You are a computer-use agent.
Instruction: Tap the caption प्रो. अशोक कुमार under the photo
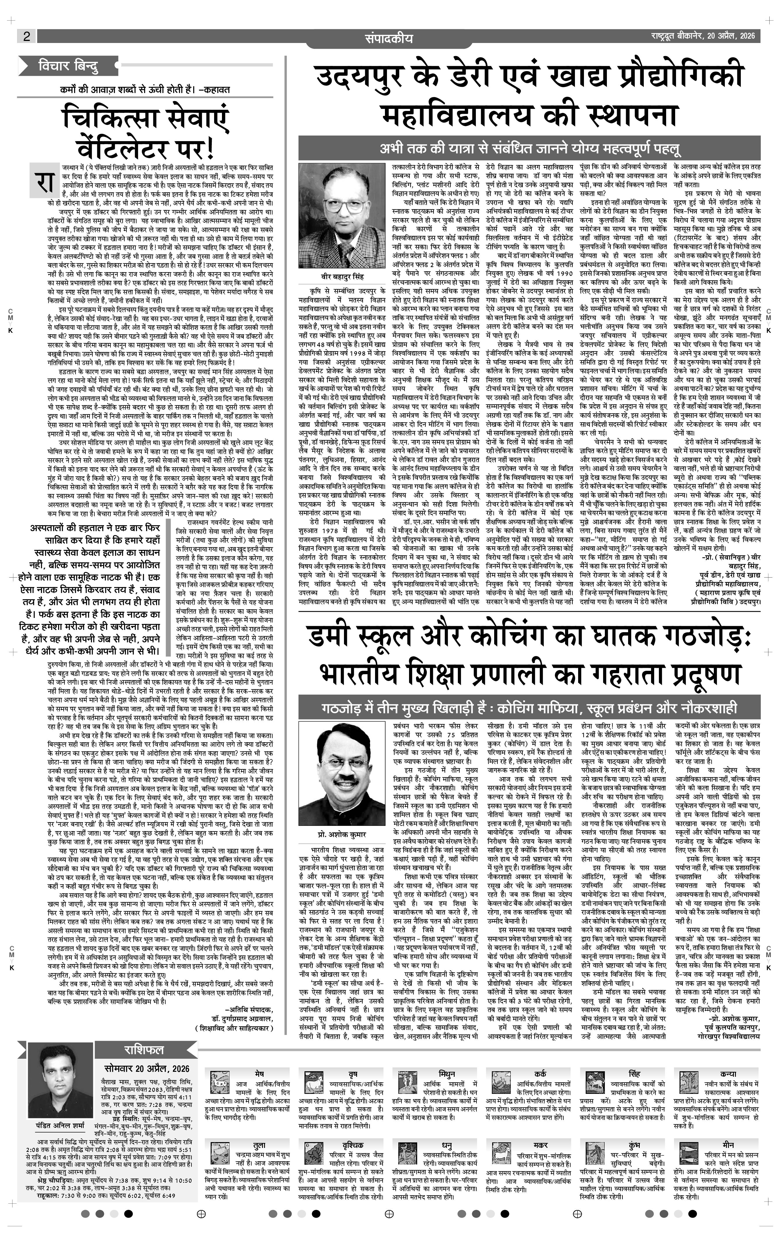tap(339, 835)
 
